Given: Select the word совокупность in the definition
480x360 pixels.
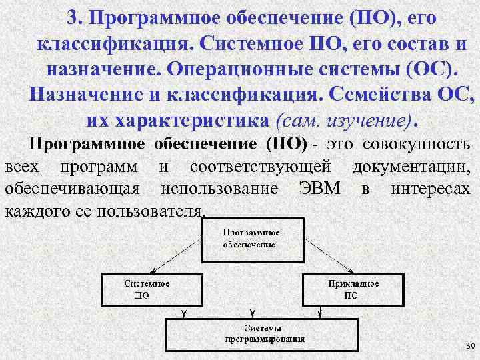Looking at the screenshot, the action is [x=417, y=145].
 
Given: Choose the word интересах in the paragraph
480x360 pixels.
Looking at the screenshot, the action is [x=430, y=189].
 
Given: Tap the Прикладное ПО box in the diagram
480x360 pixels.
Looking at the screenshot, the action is [x=353, y=289].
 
